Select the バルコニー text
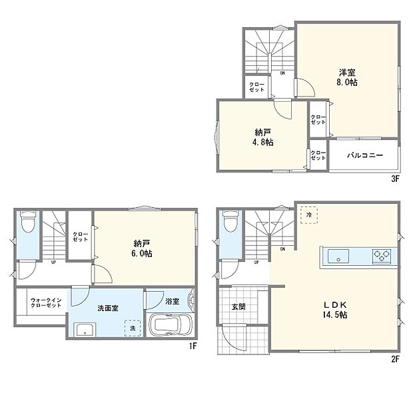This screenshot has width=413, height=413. click(x=365, y=155)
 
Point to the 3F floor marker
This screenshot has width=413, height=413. click(x=394, y=179)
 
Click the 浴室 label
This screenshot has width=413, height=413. click(x=172, y=302)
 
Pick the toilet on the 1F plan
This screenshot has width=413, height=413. click(x=27, y=222)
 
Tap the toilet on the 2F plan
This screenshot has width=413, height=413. click(x=229, y=222)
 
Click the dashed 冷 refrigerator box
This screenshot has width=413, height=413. click(x=309, y=215)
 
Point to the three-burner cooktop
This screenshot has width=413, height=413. click(x=382, y=256)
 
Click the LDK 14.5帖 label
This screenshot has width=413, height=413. click(x=336, y=310)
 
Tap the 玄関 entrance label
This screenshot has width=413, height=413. click(x=238, y=307)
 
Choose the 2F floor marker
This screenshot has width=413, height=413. click(x=394, y=360)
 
